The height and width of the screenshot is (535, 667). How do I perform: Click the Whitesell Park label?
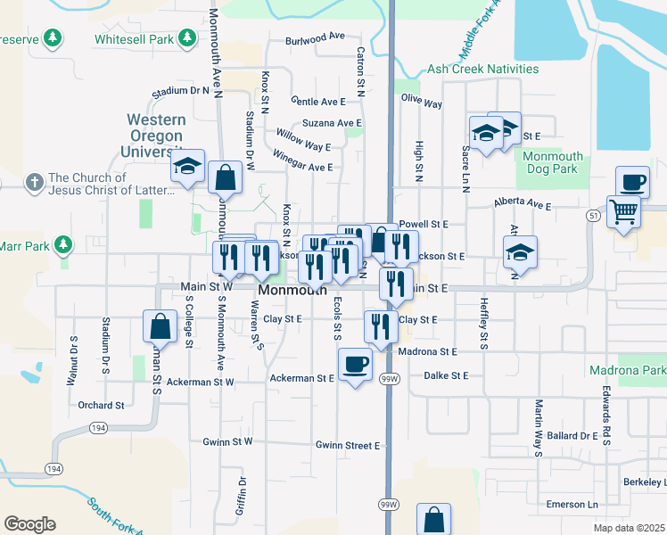[136, 39]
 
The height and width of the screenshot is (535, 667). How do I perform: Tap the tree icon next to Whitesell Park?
[186, 38]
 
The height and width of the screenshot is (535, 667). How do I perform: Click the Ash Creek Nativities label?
[483, 69]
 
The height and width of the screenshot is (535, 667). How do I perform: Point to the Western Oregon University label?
[156, 135]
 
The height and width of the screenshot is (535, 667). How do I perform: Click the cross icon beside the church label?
[34, 182]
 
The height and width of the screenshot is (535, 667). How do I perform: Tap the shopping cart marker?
[623, 212]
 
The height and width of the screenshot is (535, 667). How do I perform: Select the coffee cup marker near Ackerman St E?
[355, 364]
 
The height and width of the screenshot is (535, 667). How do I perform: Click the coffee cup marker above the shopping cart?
[632, 182]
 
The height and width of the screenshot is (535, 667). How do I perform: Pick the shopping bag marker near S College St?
[161, 326]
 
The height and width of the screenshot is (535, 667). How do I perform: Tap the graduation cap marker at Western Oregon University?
[188, 166]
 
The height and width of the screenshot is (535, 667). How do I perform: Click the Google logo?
[30, 523]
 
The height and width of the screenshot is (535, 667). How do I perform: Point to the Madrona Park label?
[628, 370]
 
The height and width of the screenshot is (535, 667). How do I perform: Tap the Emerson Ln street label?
[571, 505]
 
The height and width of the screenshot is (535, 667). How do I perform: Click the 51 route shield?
[593, 216]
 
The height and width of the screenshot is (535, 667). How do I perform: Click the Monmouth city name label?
[292, 291]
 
